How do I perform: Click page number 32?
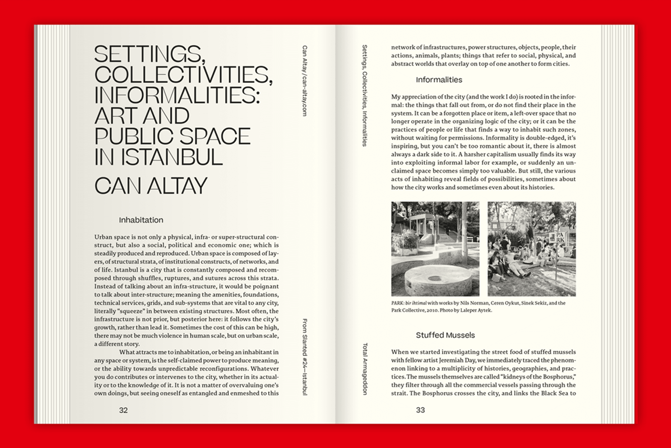coord(123,410)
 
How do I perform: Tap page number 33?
coord(420,410)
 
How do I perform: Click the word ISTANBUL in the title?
coord(172,157)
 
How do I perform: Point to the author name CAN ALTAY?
coord(151,186)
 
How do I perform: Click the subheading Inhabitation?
coord(141,220)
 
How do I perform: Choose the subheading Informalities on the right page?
coord(439,80)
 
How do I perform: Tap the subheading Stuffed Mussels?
coord(445,335)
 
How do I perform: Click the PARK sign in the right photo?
coord(560,237)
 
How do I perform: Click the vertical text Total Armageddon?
coord(365,368)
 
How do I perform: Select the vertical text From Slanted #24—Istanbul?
coord(305,356)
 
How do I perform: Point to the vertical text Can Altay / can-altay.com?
coord(305,81)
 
